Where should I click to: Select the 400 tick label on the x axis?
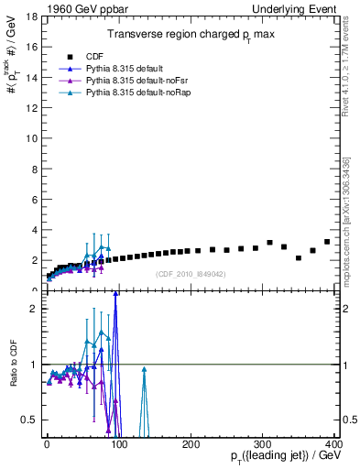334,443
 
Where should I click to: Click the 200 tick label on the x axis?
191,443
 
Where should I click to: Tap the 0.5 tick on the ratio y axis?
29,420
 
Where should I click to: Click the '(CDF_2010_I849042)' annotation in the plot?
191,274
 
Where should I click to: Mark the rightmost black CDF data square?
327,242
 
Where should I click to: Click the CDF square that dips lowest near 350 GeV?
299,258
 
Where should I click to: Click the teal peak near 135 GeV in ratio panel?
144,369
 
